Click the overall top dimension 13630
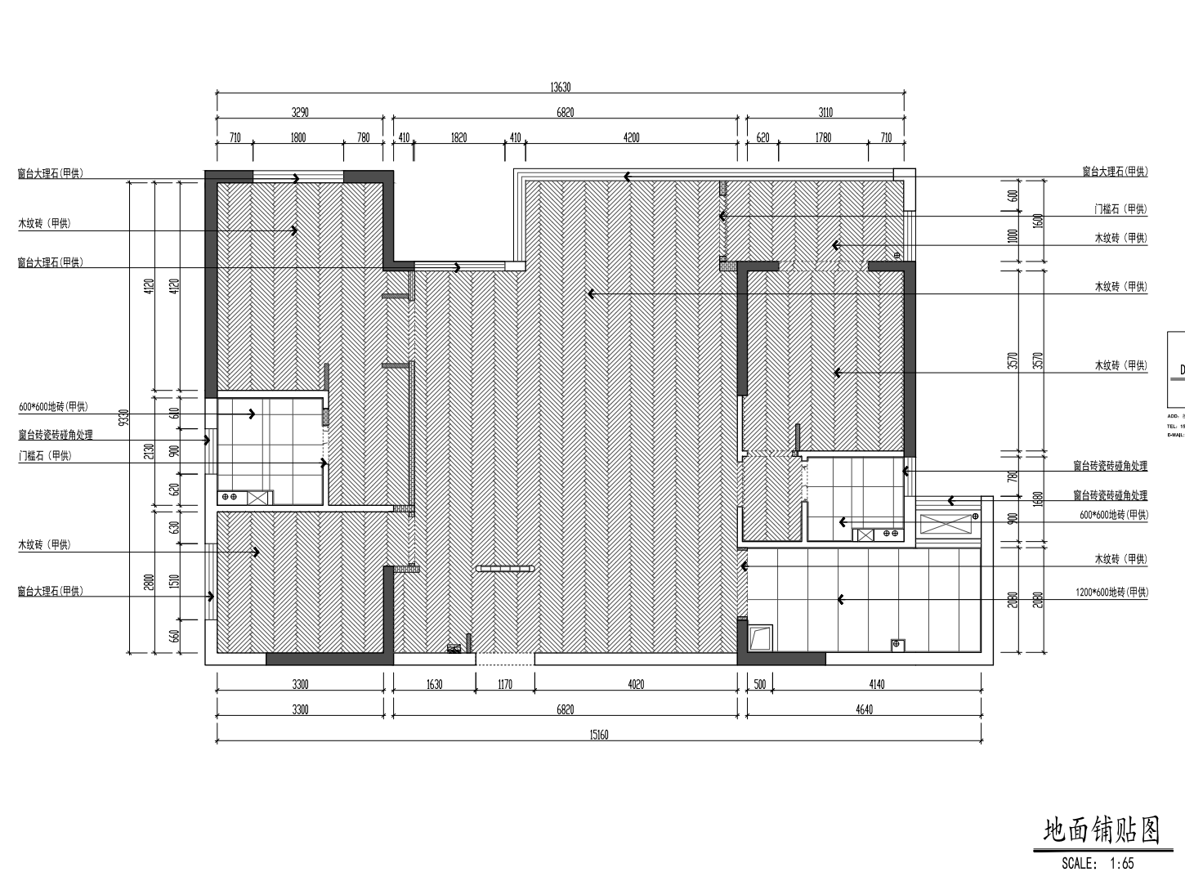[560, 87]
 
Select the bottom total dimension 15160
[598, 735]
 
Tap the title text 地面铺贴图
[1102, 832]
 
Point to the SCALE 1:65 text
[1098, 862]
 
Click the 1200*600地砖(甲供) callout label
[1111, 593]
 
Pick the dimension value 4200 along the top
[631, 137]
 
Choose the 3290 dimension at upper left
[300, 113]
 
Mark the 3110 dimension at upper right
[825, 113]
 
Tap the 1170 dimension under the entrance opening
[505, 684]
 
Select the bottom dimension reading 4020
[636, 684]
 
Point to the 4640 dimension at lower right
[864, 709]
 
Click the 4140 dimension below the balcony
[876, 684]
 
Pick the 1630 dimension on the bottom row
[434, 684]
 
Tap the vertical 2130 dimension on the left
[149, 452]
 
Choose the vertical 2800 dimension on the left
[149, 581]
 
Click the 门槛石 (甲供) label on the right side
[1120, 209]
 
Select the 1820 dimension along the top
[458, 137]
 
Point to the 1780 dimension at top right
[823, 137]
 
